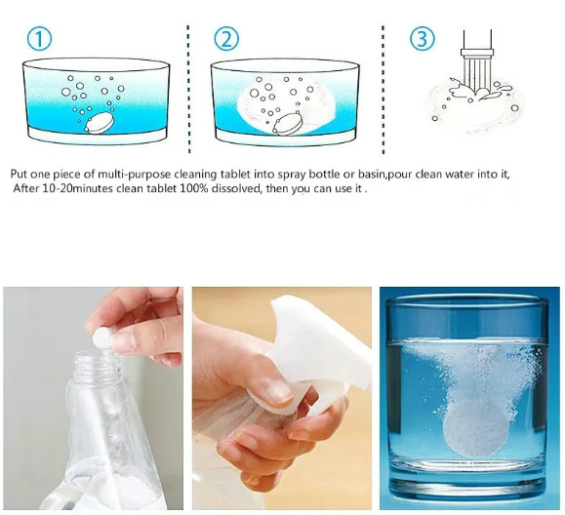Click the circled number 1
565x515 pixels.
(x=39, y=39)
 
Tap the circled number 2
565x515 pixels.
(x=226, y=39)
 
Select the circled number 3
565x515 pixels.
(x=423, y=39)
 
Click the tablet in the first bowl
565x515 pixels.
(x=100, y=123)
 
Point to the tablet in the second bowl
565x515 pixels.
(x=287, y=124)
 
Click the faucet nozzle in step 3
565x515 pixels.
(x=477, y=54)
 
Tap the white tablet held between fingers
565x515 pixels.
(x=102, y=337)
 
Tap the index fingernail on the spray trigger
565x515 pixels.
(x=278, y=392)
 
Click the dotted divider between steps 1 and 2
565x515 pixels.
(x=188, y=90)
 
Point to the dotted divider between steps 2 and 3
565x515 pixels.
(x=383, y=90)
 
